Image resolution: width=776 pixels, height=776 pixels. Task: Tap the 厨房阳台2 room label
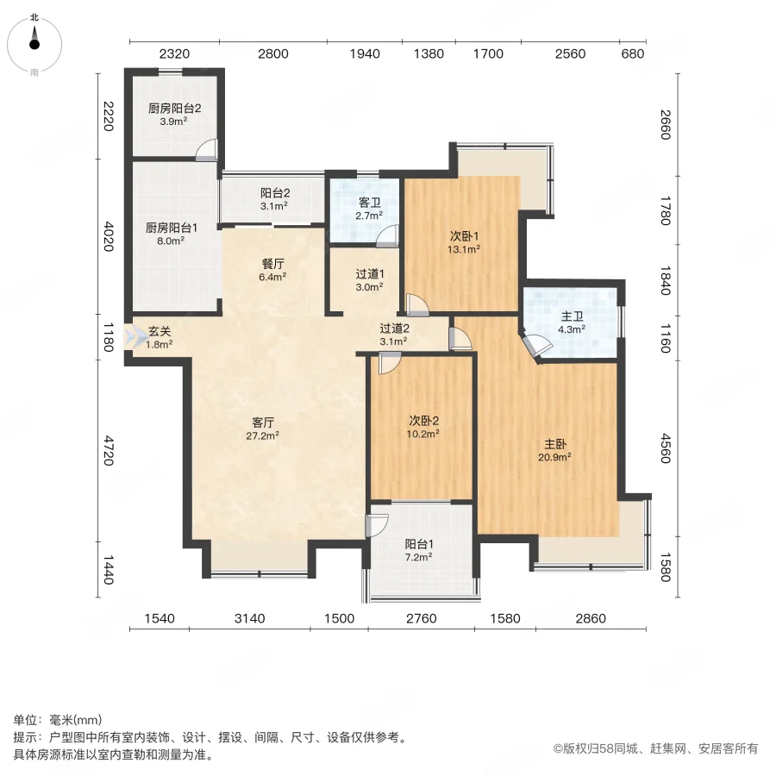[174, 109]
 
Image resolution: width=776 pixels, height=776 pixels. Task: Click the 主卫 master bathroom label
[573, 316]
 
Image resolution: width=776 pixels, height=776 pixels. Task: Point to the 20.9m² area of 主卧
[555, 457]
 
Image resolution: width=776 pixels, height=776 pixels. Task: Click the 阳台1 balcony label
[419, 544]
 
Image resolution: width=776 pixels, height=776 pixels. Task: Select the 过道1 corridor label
[370, 274]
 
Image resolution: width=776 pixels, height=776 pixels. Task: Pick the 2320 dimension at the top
[173, 54]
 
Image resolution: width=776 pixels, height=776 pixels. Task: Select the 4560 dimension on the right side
[665, 448]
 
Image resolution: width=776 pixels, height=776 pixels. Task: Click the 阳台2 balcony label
[274, 194]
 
